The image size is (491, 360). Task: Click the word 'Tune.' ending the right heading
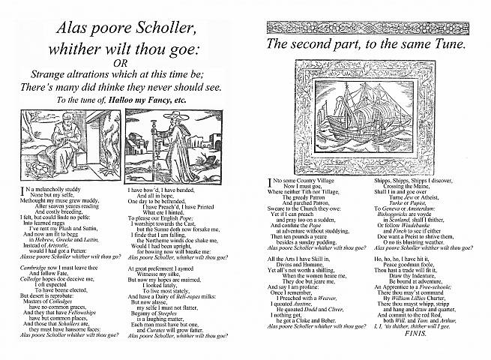(446, 44)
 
